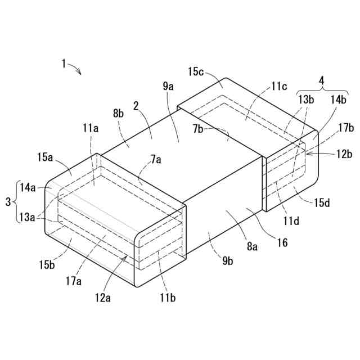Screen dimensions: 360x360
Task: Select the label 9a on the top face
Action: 168,86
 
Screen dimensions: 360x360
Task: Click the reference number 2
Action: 136,105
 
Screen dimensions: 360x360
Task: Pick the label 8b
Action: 119,114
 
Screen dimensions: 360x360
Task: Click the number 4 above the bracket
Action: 321,80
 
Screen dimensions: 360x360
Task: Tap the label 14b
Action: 339,100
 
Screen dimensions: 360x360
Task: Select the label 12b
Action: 344,153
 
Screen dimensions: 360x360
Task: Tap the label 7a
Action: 155,160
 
